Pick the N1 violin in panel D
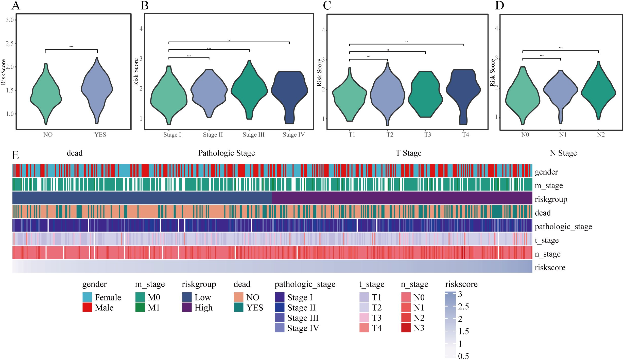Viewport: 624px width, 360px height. (561, 90)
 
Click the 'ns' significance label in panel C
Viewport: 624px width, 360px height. (387, 50)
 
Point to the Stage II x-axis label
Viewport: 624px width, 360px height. (213, 135)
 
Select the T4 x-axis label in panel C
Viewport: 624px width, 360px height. (465, 135)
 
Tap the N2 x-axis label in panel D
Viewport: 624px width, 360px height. (601, 135)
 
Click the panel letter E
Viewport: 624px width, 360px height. (15, 155)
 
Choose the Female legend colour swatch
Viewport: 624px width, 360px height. (87, 297)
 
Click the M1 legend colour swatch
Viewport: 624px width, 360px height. (140, 308)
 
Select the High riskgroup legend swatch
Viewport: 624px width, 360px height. (187, 308)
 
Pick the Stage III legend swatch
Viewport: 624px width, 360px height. (280, 318)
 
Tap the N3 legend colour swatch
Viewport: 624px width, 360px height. (406, 328)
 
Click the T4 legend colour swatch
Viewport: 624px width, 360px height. (364, 328)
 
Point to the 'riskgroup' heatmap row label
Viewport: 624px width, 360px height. (551, 199)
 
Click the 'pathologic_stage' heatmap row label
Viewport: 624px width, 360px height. (563, 226)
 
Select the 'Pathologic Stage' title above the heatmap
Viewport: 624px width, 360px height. (226, 153)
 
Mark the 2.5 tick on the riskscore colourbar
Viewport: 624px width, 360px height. (463, 307)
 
